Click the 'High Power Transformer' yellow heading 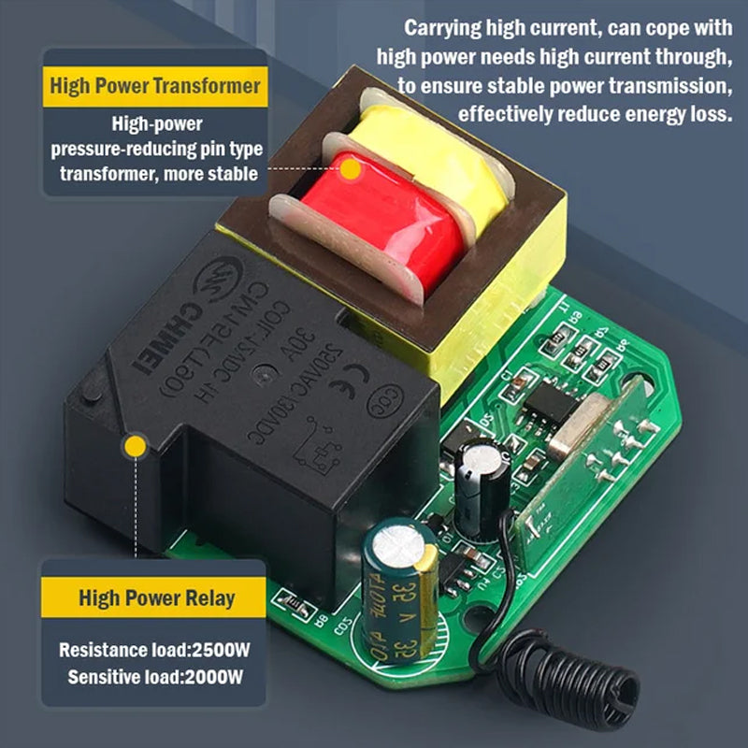[x=155, y=87]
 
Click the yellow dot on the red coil [x=351, y=170]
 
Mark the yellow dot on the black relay [x=137, y=446]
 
